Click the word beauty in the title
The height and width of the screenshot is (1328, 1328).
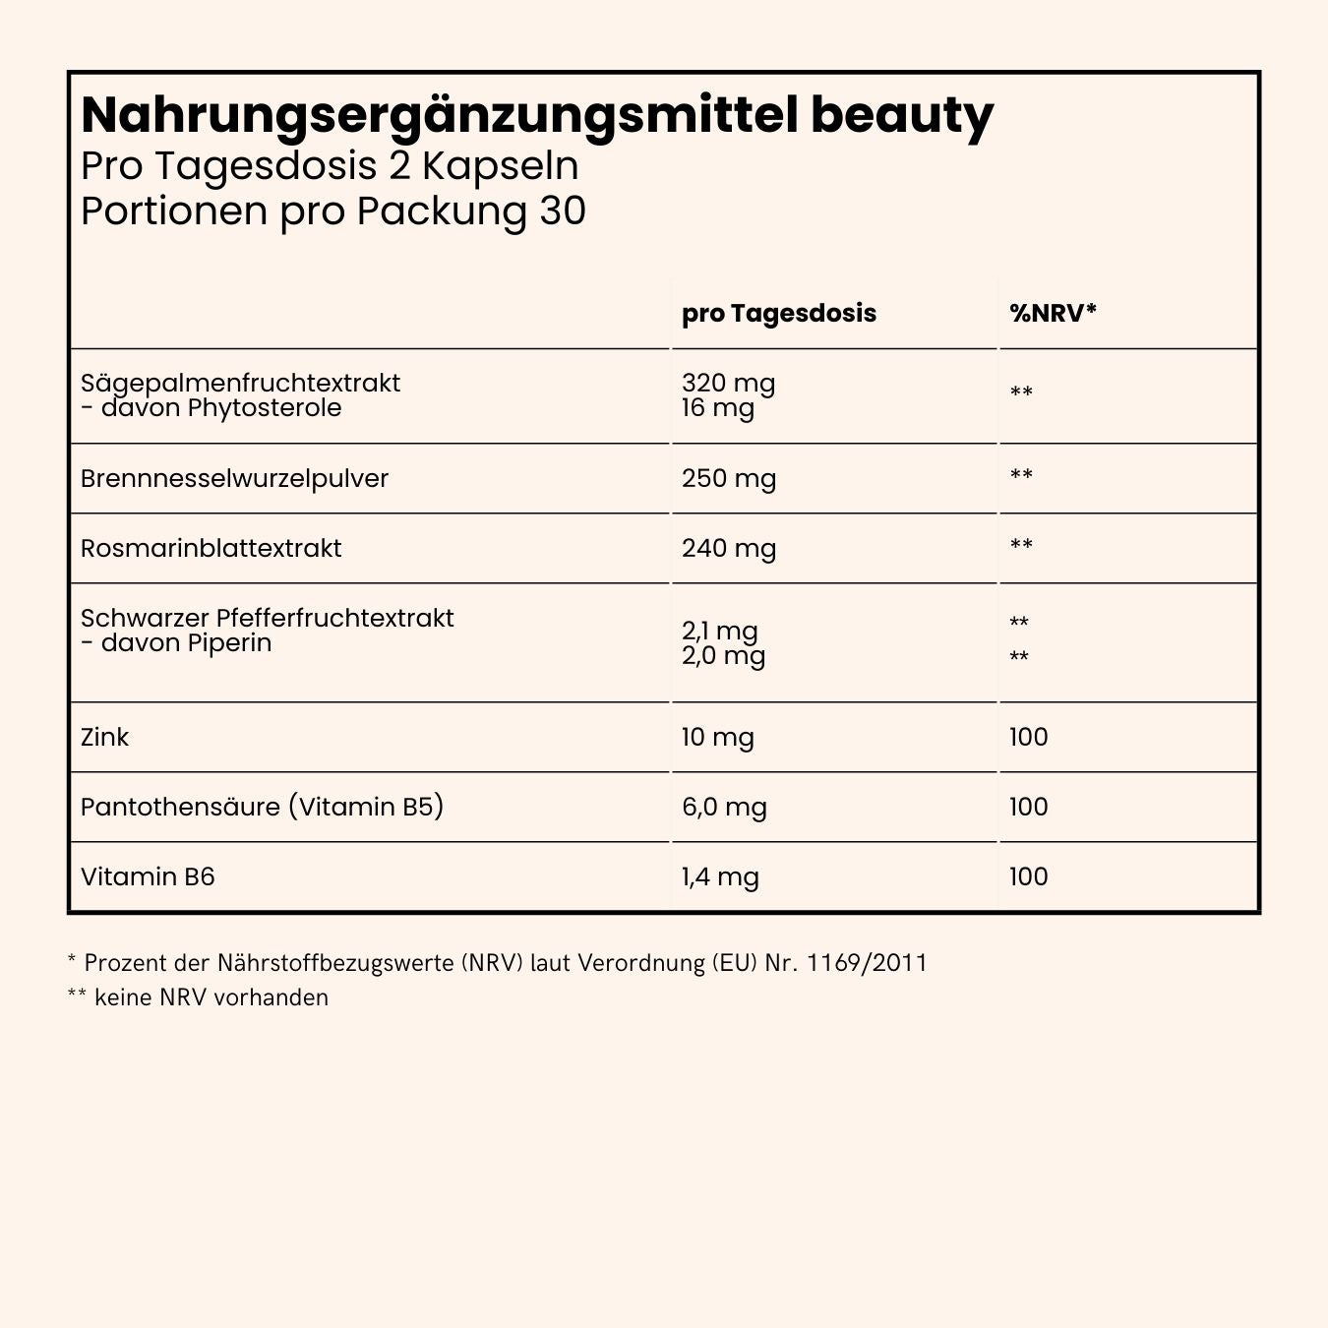(x=901, y=117)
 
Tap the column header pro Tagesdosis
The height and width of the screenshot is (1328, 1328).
(x=778, y=314)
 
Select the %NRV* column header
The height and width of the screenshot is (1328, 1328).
(x=1053, y=314)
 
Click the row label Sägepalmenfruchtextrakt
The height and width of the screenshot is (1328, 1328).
(x=240, y=383)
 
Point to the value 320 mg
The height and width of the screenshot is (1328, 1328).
(x=728, y=383)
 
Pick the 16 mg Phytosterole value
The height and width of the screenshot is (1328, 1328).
(x=717, y=408)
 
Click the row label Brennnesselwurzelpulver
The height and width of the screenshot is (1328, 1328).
(x=234, y=479)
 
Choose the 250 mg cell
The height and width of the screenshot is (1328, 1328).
(x=728, y=479)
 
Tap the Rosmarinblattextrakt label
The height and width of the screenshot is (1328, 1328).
(x=211, y=549)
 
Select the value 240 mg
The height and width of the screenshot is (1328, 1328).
(x=728, y=549)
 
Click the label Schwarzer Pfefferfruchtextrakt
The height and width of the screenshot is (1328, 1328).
(x=267, y=618)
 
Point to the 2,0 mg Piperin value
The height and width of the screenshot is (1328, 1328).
(x=723, y=656)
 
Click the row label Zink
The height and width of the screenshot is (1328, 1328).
(x=104, y=738)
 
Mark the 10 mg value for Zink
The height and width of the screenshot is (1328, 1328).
(x=717, y=738)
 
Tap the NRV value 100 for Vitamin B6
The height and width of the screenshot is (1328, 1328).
(x=1028, y=877)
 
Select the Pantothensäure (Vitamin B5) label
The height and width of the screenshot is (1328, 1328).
(x=262, y=808)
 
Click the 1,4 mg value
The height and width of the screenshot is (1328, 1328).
(x=719, y=877)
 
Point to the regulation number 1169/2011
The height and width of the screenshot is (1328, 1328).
(x=867, y=963)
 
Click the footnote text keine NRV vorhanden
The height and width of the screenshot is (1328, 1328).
(x=211, y=997)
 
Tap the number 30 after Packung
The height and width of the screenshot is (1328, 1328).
(x=563, y=211)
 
